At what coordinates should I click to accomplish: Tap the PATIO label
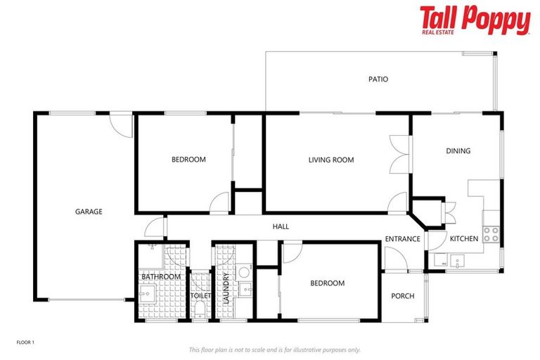(x=378, y=79)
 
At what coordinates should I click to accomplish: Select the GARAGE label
(x=89, y=212)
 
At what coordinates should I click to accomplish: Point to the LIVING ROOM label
(x=330, y=160)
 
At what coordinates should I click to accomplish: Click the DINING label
(x=458, y=151)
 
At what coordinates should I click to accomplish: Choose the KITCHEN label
(x=464, y=239)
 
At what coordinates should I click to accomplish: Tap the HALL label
(x=281, y=226)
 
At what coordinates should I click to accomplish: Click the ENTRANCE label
(x=403, y=239)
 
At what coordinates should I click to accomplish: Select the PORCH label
(x=403, y=296)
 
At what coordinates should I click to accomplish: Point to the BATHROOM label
(x=161, y=277)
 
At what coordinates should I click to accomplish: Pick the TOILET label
(x=200, y=296)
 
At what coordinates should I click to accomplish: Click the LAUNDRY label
(x=226, y=288)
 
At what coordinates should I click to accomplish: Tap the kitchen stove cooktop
(x=491, y=233)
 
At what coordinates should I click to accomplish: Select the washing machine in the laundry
(x=243, y=272)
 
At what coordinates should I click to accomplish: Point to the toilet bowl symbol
(x=200, y=309)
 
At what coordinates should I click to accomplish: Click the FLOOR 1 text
(x=25, y=342)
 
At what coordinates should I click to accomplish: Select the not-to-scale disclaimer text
(x=274, y=349)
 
